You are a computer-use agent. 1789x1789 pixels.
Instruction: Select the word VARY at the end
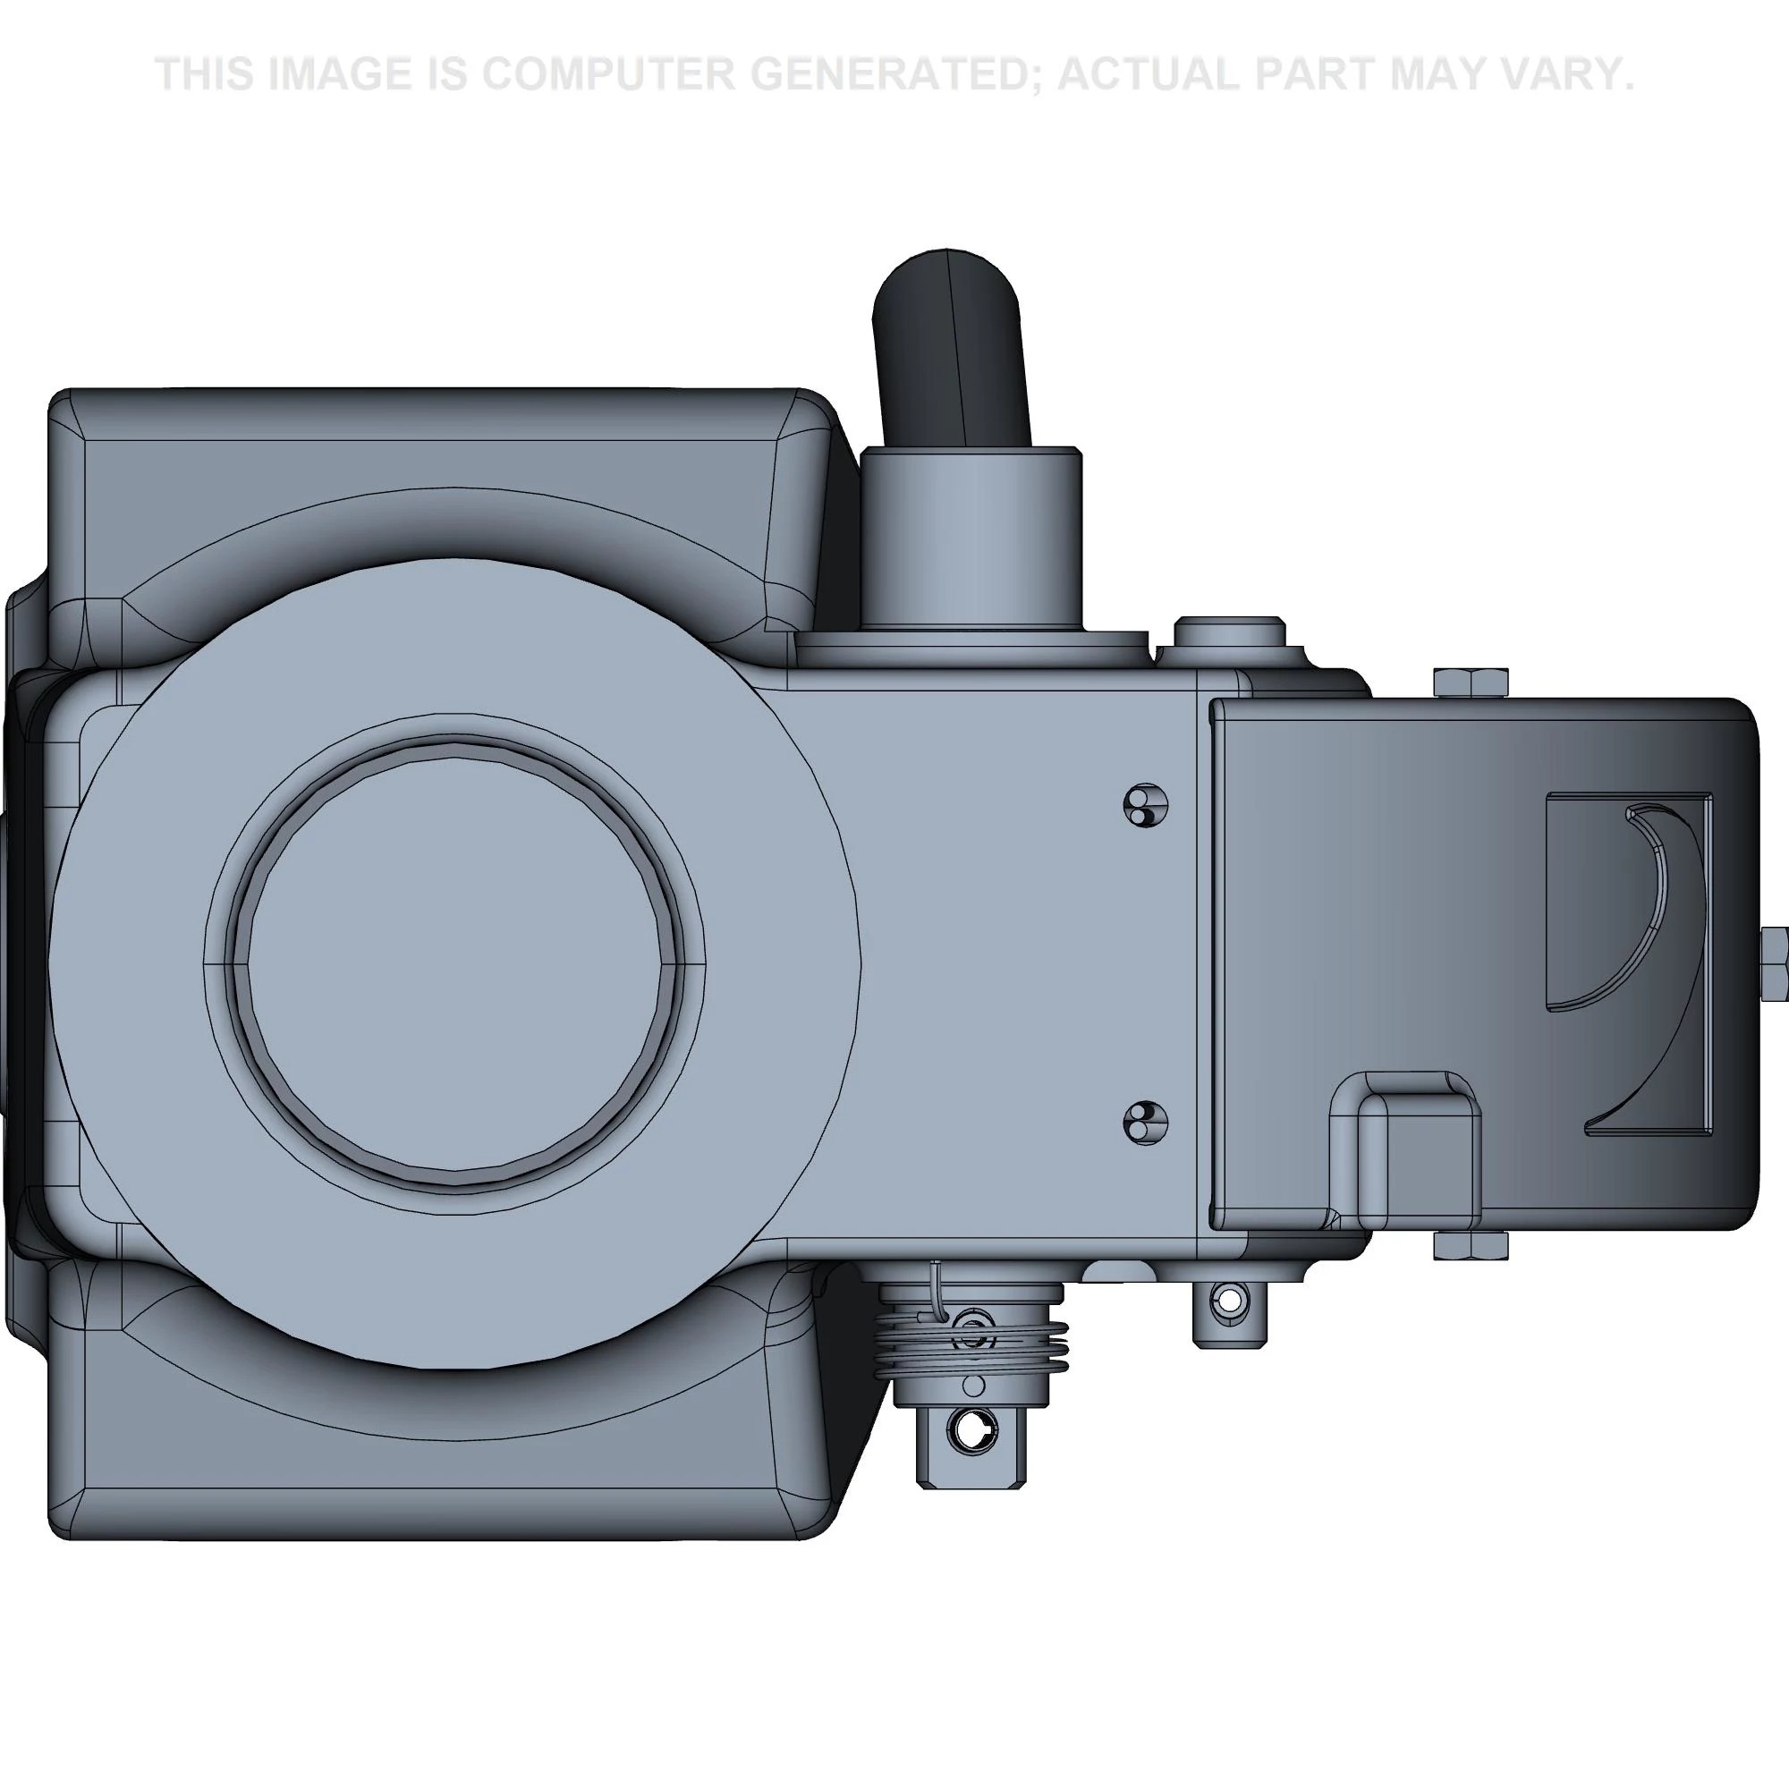(1558, 74)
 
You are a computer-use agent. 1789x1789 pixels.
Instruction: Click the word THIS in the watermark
(204, 74)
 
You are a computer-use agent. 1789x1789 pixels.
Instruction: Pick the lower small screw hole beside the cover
(1146, 1123)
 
